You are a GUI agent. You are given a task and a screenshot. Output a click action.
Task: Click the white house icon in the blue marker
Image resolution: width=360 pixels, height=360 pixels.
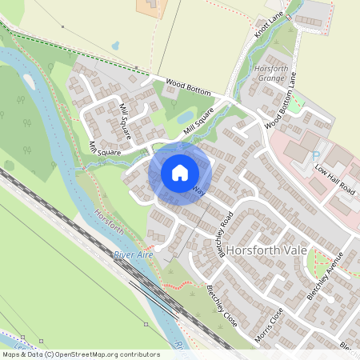point(179,172)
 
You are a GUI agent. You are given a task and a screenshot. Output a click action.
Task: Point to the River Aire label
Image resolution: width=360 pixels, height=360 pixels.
point(133,254)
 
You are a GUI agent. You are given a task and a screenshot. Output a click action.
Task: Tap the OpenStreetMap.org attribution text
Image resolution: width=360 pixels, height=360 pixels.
point(112,354)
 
